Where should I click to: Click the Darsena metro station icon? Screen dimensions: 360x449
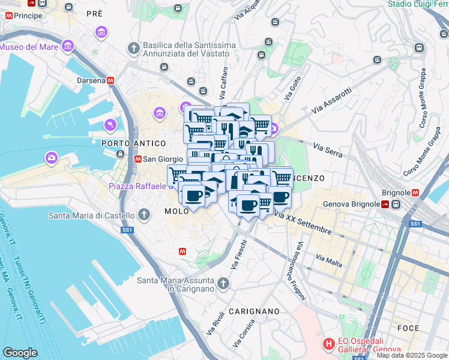click(110, 80)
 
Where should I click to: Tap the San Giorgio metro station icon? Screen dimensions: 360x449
click(138, 159)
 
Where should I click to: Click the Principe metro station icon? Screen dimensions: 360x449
click(8, 14)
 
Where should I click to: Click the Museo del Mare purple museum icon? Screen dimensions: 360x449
click(68, 46)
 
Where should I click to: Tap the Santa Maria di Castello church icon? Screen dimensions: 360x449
click(144, 214)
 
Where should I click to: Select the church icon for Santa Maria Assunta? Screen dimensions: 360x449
click(223, 283)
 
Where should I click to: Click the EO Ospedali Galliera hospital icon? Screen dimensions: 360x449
click(328, 344)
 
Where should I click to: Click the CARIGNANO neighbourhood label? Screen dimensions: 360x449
click(254, 311)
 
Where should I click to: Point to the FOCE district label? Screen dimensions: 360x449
click(408, 328)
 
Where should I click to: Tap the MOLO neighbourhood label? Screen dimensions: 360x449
click(177, 211)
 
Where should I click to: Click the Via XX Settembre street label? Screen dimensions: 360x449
click(304, 223)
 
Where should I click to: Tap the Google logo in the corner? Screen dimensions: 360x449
click(20, 353)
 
